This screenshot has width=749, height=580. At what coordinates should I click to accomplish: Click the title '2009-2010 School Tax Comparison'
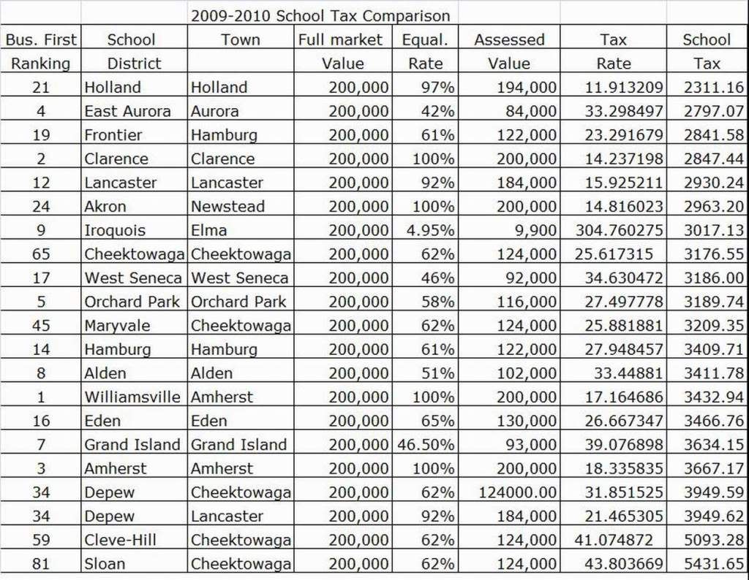click(x=320, y=15)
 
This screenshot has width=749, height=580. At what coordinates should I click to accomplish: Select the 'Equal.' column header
click(x=425, y=39)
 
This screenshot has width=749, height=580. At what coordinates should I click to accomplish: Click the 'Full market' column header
click(x=340, y=39)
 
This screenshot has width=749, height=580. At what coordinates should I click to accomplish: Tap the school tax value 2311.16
click(x=714, y=88)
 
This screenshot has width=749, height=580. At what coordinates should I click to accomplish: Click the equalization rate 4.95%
click(x=430, y=231)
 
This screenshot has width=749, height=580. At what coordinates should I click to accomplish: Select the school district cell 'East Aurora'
click(x=127, y=112)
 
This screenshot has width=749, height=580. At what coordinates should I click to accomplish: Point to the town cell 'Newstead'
click(x=227, y=207)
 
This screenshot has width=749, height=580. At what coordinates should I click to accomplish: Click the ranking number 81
click(x=41, y=564)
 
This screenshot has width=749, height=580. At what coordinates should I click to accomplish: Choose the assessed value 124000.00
click(x=517, y=492)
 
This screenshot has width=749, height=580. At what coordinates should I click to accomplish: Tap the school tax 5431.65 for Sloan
click(x=714, y=564)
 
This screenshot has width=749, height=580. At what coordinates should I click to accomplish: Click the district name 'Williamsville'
click(x=132, y=397)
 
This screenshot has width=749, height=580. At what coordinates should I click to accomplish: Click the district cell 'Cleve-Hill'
click(x=120, y=541)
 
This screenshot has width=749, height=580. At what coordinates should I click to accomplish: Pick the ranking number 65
click(x=41, y=254)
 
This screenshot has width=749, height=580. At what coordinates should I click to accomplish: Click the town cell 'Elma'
click(x=209, y=231)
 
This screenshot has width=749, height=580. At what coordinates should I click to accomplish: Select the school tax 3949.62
click(x=714, y=516)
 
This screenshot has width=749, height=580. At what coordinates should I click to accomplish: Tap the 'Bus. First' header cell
click(x=41, y=39)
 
